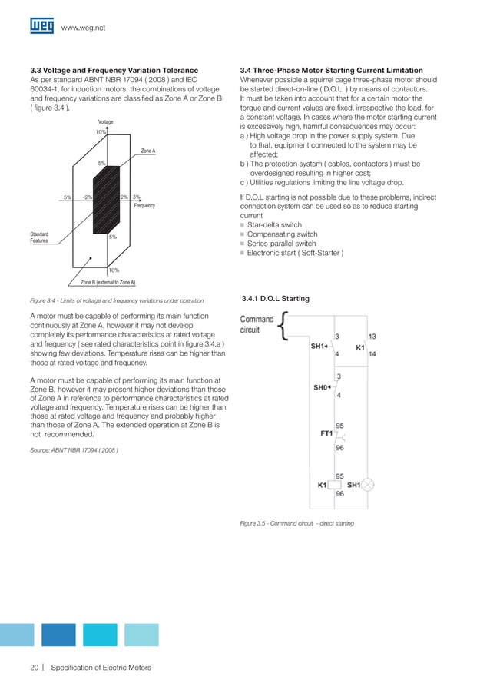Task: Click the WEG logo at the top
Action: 41,26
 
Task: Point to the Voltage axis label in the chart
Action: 106,122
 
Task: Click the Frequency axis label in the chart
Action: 144,206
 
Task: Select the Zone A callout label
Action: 148,151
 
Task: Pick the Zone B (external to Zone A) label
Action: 108,283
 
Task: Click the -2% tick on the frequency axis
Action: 88,197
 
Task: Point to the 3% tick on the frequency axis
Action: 136,197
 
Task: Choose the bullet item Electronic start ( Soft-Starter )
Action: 295,253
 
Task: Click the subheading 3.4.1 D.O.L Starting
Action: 276,298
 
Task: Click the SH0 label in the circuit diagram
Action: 321,388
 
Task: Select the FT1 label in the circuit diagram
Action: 326,433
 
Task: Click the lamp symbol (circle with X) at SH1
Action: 367,486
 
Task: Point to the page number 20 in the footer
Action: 35,668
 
